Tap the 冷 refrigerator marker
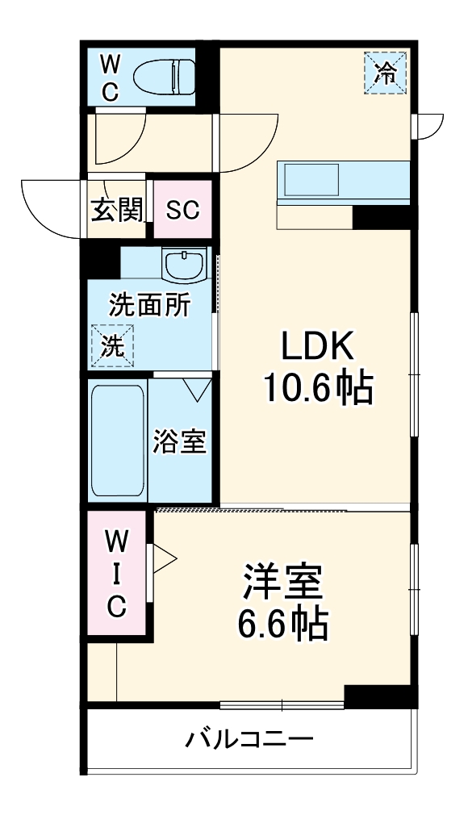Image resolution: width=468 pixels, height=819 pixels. click(x=387, y=73)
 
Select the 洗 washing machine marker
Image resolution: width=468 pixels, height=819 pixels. click(x=112, y=345)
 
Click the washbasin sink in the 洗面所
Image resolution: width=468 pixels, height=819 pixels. click(x=186, y=263)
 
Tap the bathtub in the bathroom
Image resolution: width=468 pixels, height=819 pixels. click(x=118, y=440)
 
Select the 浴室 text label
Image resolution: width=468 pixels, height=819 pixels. click(x=180, y=441)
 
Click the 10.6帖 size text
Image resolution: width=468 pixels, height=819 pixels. click(x=316, y=391)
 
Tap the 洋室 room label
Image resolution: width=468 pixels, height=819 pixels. click(x=282, y=583)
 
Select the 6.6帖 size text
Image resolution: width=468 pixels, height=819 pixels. click(x=282, y=624)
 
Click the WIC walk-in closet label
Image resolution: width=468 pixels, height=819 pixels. click(x=117, y=574)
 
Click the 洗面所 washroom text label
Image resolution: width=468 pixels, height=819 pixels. click(x=150, y=307)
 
